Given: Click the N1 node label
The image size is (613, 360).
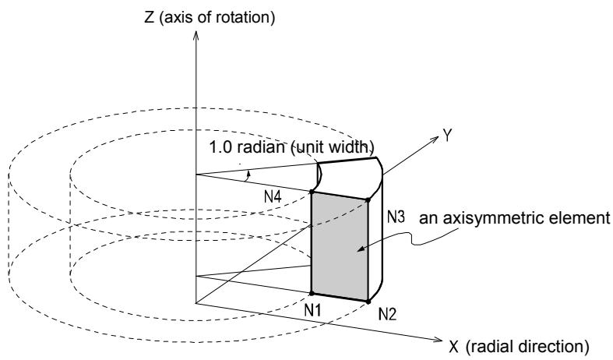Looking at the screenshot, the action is pos(313,310).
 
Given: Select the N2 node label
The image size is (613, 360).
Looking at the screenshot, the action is pos(387,314).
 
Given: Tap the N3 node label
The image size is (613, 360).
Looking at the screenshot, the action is pos(396,217).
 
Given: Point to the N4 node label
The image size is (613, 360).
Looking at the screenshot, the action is pos(273,197).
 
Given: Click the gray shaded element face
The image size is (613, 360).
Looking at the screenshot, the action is pos(340,246).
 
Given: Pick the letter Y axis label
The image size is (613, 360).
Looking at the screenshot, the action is pos(447,136).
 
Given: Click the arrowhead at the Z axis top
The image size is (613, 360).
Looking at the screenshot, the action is pos(196,35).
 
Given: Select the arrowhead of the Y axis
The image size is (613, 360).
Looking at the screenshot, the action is pos(435,139).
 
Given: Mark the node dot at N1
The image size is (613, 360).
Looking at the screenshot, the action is pos(312,293).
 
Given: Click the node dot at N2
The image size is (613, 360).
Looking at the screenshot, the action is pos(368,302).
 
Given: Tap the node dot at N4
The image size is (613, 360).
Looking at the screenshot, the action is pos(312,192).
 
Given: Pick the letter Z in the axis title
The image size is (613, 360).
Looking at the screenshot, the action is pos(149,18).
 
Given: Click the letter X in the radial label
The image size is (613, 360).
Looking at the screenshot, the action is pos(453,347).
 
